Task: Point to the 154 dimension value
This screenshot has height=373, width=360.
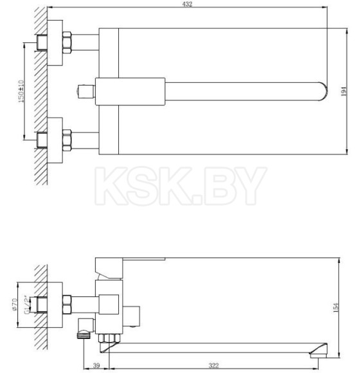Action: [346, 311]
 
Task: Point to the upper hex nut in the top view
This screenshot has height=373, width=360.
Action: [66, 42]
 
